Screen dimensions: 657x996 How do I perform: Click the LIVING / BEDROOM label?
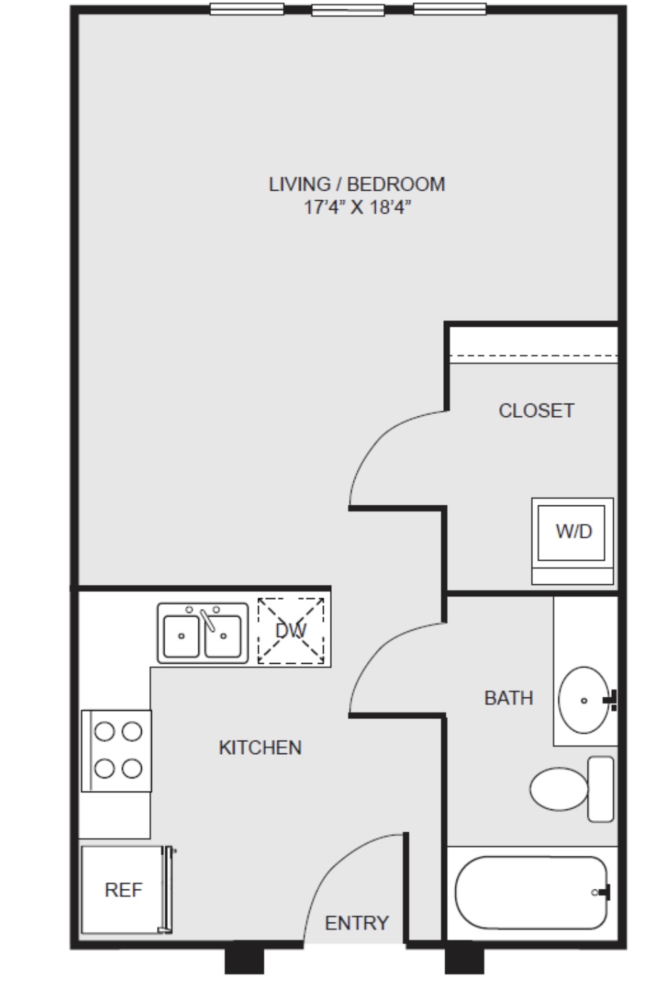click(357, 185)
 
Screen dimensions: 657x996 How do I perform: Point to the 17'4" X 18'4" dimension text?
click(357, 207)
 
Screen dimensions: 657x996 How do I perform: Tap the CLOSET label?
click(536, 411)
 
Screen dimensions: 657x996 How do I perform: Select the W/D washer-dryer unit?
click(573, 541)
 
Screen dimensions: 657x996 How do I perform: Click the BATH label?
click(509, 698)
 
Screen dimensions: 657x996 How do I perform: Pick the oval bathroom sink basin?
click(584, 700)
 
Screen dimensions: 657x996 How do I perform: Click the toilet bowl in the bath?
click(559, 789)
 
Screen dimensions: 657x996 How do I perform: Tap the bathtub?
click(531, 893)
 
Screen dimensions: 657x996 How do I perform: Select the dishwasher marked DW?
click(291, 631)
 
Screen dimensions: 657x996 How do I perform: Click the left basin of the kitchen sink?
click(181, 636)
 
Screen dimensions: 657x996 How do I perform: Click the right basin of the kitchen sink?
click(223, 636)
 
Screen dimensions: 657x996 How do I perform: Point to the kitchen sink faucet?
click(208, 620)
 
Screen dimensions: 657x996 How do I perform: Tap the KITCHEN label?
click(260, 748)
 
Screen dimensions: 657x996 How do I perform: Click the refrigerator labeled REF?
click(123, 890)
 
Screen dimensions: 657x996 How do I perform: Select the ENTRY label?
click(357, 923)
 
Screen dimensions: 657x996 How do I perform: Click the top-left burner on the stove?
click(105, 731)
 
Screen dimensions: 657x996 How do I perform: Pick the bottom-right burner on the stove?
click(132, 768)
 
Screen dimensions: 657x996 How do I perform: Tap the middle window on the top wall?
click(348, 10)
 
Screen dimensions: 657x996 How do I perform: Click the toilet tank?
click(601, 789)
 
